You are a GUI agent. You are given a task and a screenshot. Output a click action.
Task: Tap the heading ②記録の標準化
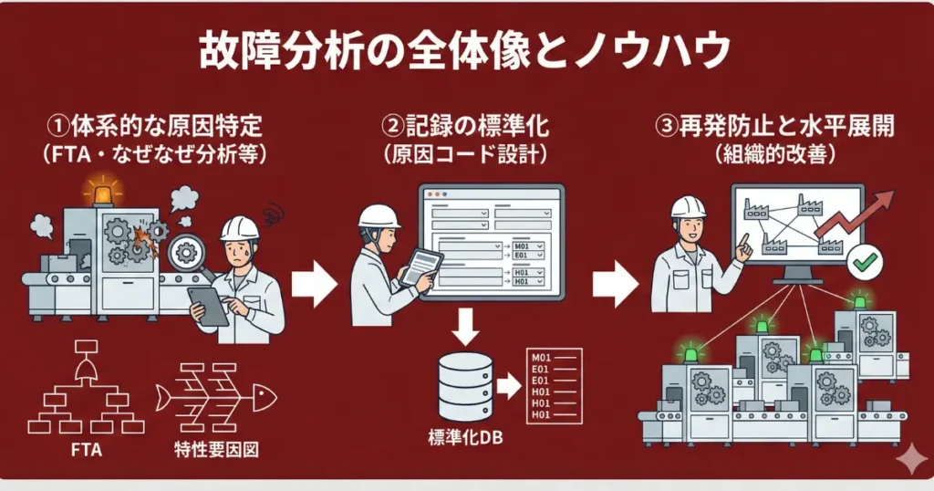click(466, 127)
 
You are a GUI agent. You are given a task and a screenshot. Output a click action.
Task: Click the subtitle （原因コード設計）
click(467, 155)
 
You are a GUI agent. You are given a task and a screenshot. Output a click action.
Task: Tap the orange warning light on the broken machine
click(102, 192)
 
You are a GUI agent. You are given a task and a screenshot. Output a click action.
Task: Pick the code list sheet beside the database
click(552, 386)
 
